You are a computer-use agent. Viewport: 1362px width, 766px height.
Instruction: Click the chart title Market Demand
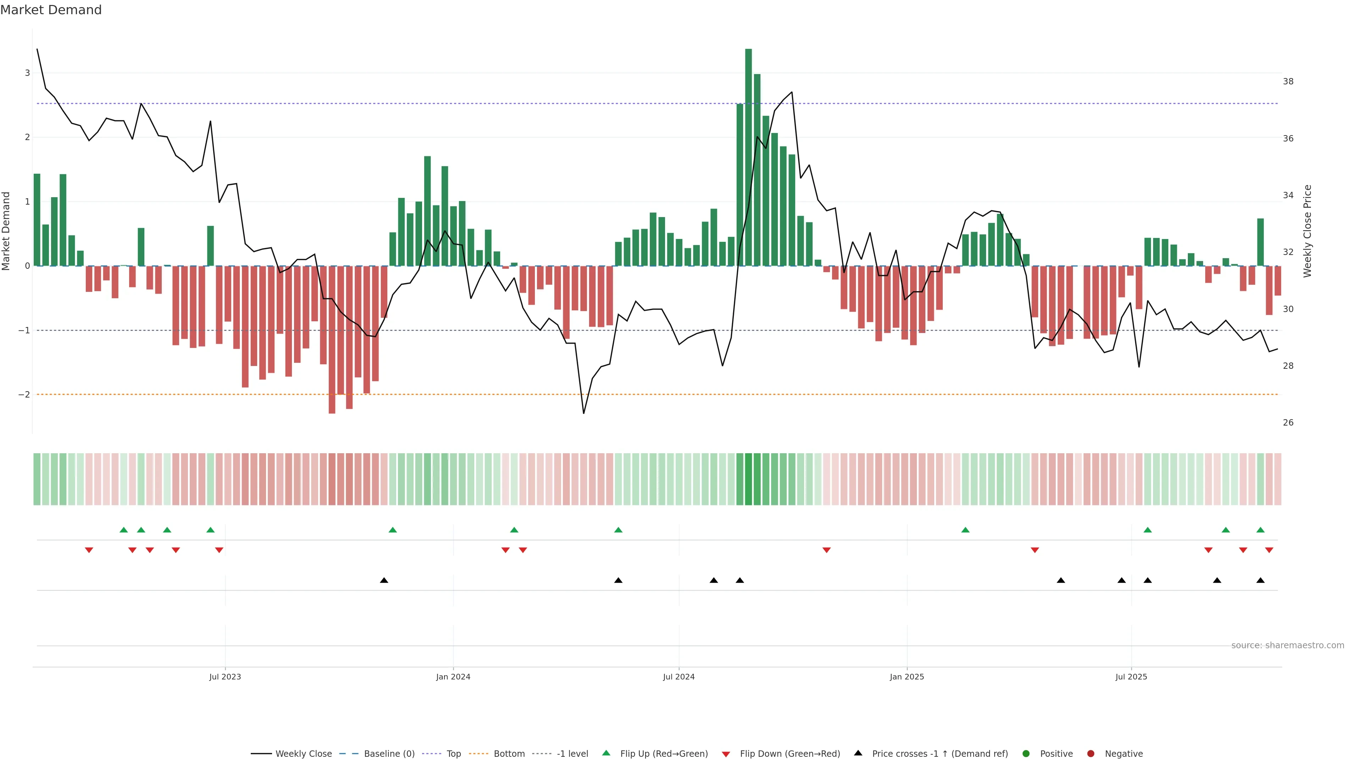click(x=51, y=10)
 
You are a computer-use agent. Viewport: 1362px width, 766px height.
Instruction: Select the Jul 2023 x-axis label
click(x=225, y=677)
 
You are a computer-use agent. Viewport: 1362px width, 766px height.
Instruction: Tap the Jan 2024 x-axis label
click(x=453, y=677)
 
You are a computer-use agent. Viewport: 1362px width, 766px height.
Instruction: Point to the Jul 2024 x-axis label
click(x=679, y=677)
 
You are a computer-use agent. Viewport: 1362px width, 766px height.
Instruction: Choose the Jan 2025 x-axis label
click(x=907, y=677)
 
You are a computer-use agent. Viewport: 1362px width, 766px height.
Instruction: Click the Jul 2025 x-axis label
click(x=1131, y=677)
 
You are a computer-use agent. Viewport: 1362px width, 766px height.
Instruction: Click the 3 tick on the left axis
click(x=27, y=73)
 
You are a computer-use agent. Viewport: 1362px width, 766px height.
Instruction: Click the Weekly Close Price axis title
click(x=1307, y=231)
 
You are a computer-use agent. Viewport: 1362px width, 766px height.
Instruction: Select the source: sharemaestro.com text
click(x=1288, y=645)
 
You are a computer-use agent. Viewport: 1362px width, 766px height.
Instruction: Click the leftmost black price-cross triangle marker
click(x=384, y=581)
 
